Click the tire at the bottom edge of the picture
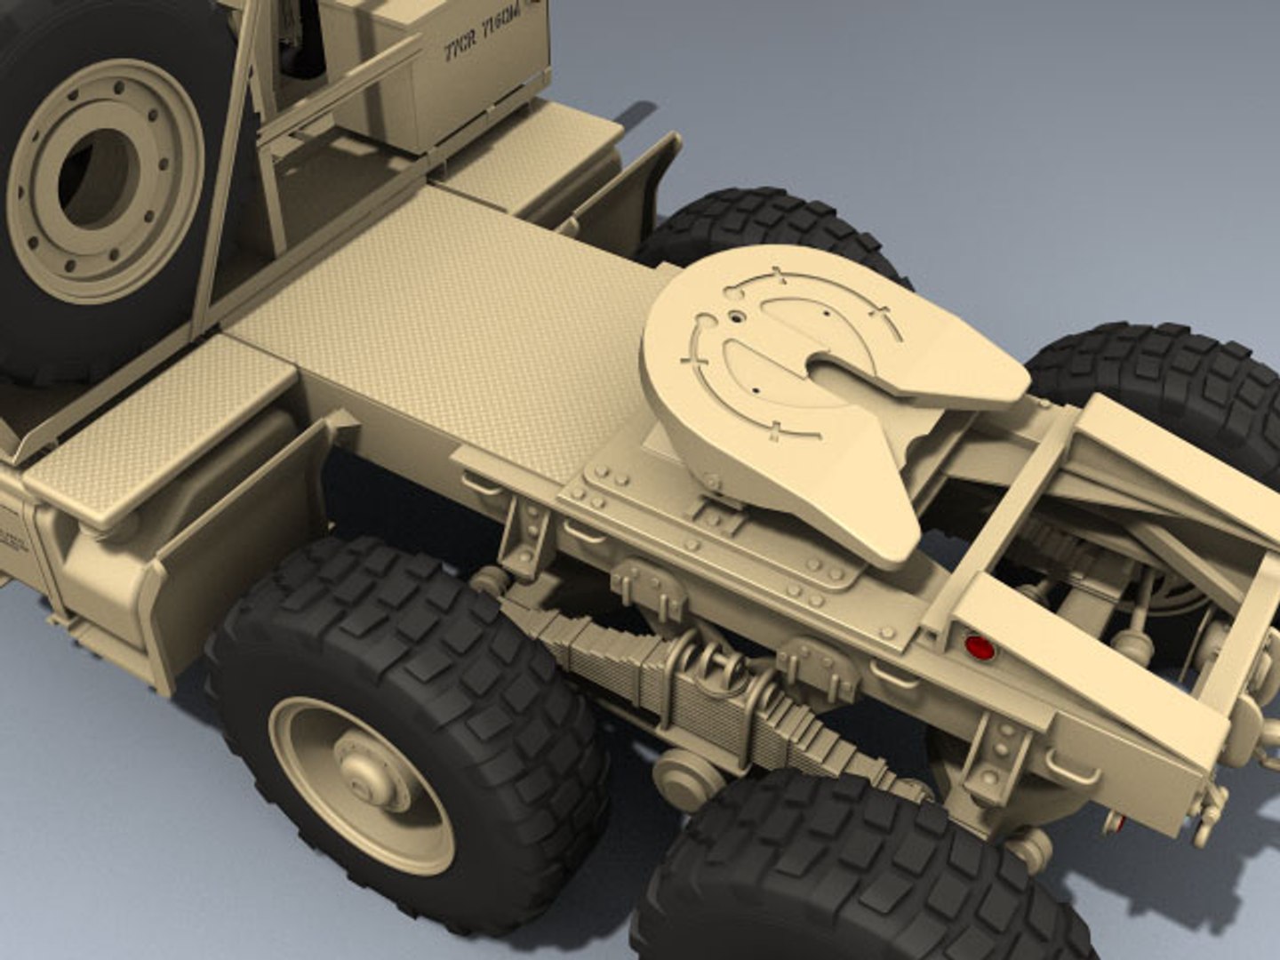coord(853,871)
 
